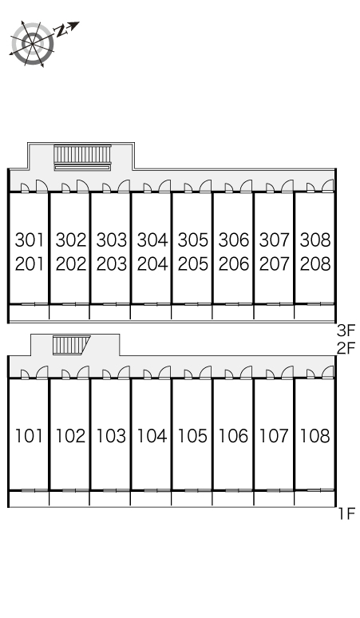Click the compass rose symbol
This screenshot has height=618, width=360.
32,43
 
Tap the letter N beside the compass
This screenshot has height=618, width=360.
60,30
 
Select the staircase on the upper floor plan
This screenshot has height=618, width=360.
82,157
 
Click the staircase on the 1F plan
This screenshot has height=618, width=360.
71,345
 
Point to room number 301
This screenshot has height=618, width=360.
30,240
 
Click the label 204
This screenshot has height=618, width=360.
152,264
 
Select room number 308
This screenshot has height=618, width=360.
315,240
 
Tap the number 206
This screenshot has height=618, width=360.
234,264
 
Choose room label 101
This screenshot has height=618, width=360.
30,436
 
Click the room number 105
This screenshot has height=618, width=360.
192,436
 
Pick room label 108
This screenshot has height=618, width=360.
315,436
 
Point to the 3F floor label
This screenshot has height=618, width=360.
346,329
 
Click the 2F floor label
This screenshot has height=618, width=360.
346,348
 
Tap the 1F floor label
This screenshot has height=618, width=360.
347,514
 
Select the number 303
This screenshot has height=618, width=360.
112,240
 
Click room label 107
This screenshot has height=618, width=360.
274,436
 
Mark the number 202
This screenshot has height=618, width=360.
71,264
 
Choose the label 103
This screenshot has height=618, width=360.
112,436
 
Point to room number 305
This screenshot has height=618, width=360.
193,240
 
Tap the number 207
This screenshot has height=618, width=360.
275,264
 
